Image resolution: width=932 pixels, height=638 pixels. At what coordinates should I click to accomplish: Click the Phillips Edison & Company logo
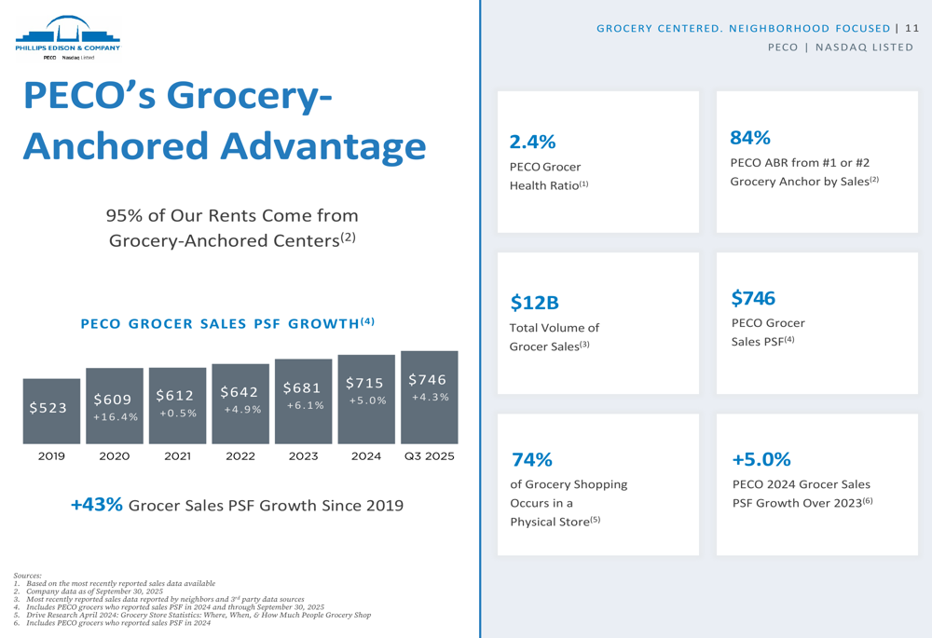(67, 37)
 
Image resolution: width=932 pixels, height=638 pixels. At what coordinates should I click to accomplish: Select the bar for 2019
(51, 410)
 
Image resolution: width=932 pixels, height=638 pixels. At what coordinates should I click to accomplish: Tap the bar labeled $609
(115, 406)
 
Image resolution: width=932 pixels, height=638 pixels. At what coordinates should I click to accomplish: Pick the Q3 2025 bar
(429, 398)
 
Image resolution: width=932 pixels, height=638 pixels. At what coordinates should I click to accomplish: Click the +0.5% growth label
(177, 413)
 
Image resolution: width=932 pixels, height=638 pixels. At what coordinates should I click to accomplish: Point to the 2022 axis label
(240, 456)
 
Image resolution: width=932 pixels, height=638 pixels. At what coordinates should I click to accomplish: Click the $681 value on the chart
(303, 387)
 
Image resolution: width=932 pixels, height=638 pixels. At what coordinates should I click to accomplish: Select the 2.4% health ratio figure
(532, 142)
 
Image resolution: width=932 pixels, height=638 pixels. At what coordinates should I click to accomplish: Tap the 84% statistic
(750, 138)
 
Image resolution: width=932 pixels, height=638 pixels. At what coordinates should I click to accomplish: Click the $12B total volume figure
(534, 303)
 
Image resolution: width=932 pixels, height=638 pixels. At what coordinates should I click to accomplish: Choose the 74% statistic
(531, 459)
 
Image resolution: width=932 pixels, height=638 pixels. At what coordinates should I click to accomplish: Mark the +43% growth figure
(97, 505)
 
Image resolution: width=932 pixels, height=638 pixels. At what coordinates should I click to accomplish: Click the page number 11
(911, 28)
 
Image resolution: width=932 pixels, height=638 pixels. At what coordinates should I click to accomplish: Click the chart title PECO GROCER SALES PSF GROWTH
(227, 324)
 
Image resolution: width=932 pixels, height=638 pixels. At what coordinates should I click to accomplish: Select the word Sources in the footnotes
(28, 576)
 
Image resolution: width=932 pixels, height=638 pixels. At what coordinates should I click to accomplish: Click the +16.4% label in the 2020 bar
(116, 417)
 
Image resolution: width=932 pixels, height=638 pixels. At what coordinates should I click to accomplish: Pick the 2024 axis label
(366, 456)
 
